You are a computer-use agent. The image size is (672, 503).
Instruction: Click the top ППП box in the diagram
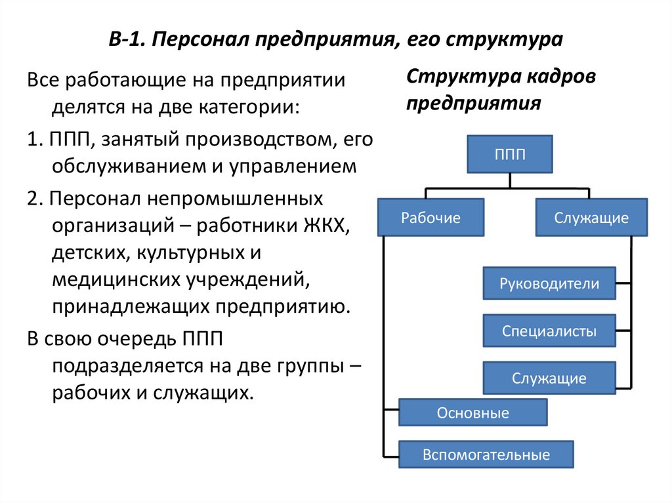(510, 154)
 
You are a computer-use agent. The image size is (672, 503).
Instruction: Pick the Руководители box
(549, 284)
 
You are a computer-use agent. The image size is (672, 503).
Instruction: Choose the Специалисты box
(549, 331)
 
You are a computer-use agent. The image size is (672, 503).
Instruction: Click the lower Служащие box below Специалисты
(549, 378)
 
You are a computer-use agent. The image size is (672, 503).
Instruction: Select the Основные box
(472, 413)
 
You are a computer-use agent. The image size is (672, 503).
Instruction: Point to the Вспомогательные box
(486, 454)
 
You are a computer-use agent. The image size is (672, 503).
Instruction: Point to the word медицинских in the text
(116, 279)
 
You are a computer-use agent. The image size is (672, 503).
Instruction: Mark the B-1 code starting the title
(124, 41)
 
